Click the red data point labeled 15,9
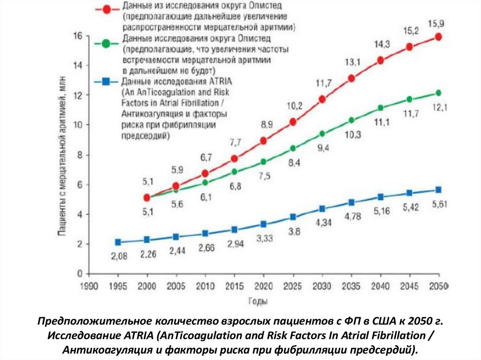coord(438,37)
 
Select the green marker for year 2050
coord(438,93)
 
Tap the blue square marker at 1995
coord(118,242)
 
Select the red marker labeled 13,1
coord(351,78)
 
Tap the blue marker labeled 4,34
coord(322,208)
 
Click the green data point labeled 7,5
coord(264,161)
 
